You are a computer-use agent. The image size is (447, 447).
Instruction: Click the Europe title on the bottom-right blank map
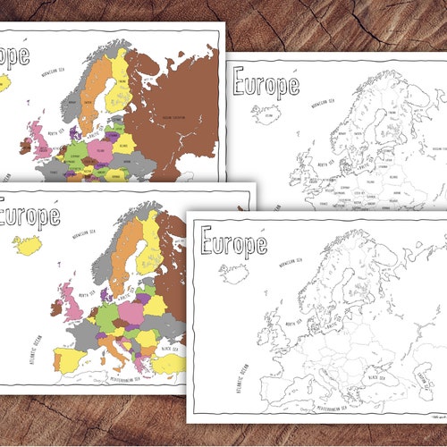234,240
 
